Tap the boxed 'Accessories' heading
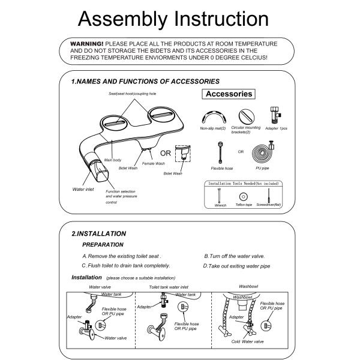pos(229,94)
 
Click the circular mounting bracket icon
pos(245,115)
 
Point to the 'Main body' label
pos(113,160)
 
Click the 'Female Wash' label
pos(153,163)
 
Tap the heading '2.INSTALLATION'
pos(98,233)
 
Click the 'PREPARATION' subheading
pos(103,245)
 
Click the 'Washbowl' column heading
pos(248,287)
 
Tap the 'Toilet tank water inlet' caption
pos(172,287)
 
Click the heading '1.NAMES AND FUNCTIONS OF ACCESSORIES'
pos(145,81)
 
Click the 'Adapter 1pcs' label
pos(276,128)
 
